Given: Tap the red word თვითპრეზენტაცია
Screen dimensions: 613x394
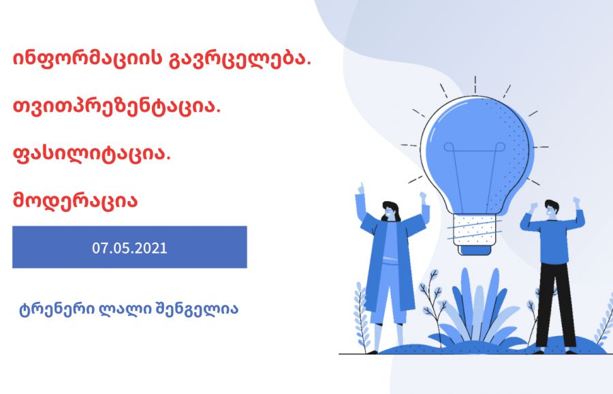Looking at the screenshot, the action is [117, 106].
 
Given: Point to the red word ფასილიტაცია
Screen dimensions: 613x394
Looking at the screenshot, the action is [92, 154].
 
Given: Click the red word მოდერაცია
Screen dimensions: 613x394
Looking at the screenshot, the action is [76, 200].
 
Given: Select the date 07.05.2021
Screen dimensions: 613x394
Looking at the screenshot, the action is [129, 248].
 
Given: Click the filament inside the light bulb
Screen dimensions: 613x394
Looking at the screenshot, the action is [475, 172].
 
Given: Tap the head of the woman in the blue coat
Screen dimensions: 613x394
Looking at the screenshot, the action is [390, 211].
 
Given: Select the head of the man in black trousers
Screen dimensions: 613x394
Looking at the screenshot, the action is [552, 210].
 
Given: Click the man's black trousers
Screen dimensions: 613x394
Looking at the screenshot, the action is [555, 305].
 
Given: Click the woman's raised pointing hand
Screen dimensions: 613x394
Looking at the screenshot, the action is [361, 189].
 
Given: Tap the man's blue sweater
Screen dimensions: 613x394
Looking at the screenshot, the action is [554, 234].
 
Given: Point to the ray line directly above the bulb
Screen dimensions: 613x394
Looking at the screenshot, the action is [475, 85].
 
